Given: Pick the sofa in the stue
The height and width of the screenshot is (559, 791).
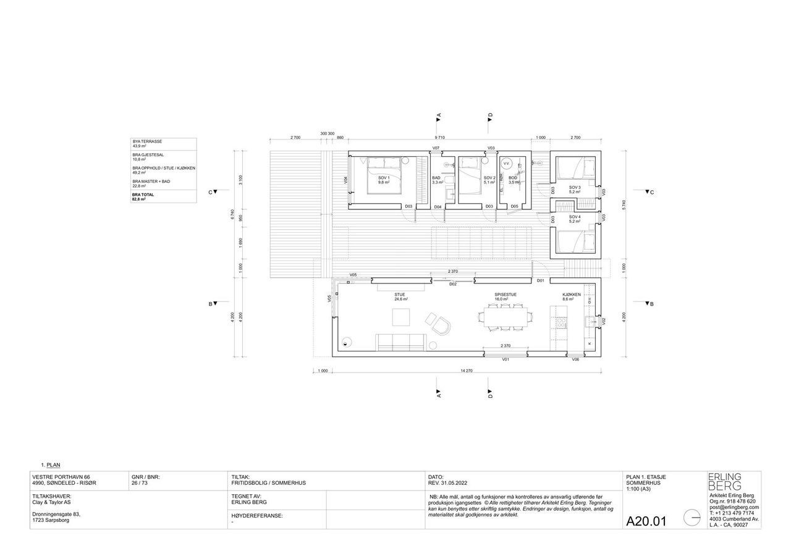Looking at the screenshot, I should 400,341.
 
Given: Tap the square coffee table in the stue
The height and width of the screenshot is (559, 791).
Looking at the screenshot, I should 401,317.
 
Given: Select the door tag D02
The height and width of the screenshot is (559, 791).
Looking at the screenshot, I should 453,284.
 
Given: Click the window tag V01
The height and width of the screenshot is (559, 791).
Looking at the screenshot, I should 505,359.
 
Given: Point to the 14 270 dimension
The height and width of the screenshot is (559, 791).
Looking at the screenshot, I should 467,371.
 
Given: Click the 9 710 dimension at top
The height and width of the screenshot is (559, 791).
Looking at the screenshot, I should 439,137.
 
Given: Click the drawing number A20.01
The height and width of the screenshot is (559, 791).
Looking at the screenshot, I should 646,521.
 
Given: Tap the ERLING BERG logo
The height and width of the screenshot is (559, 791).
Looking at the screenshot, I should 724,481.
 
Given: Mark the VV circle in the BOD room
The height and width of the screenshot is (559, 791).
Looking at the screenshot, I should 507,164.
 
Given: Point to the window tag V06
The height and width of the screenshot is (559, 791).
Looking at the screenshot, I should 575,359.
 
